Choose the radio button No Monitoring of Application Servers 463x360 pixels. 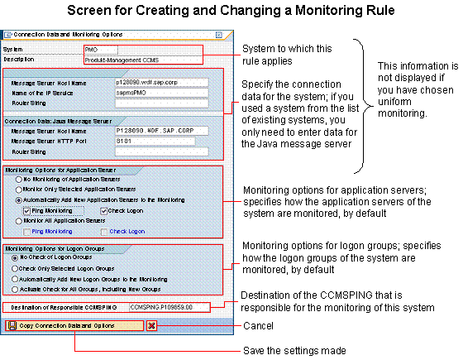tap(18, 179)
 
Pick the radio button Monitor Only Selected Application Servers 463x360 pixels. tap(18, 190)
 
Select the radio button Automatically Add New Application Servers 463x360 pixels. tap(18, 199)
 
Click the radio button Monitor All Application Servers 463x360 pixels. tap(18, 221)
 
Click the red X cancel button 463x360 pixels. tap(151, 326)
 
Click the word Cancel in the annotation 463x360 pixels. tap(258, 326)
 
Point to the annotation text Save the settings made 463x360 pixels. tap(294, 351)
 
